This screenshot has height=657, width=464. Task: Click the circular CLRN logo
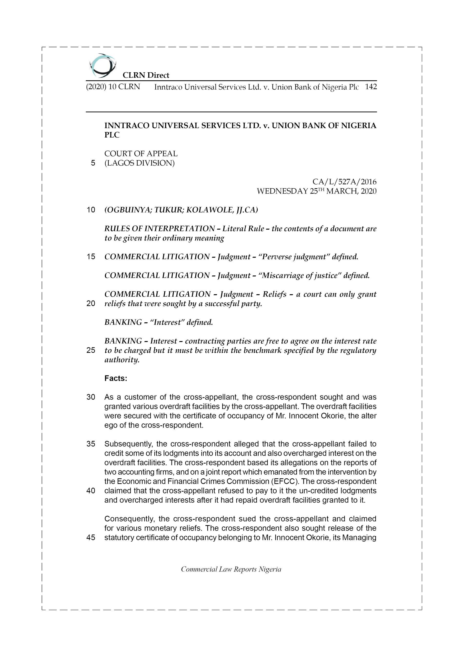click(x=102, y=66)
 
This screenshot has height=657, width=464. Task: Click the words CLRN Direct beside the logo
click(x=146, y=75)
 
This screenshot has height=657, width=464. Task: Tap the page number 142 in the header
click(x=371, y=87)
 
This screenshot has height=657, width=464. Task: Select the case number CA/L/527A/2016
click(x=344, y=182)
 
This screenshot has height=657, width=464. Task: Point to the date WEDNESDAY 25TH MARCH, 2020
click(x=317, y=191)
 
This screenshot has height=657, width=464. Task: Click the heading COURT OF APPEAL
click(x=141, y=154)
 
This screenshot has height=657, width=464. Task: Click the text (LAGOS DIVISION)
click(x=139, y=163)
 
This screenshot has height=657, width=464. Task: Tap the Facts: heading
click(x=116, y=378)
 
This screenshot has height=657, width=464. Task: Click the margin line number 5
click(x=93, y=163)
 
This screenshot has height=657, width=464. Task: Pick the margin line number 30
click(x=91, y=397)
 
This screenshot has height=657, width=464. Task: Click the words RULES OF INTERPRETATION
click(x=159, y=229)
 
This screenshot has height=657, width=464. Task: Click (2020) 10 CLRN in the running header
click(x=113, y=87)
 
